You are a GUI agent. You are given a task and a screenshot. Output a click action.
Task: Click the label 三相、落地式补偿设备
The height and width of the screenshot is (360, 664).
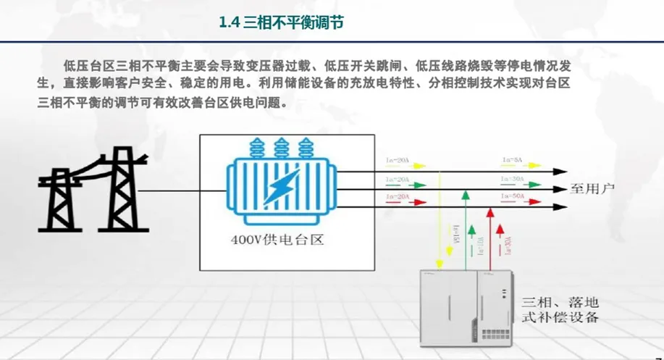(x=561, y=309)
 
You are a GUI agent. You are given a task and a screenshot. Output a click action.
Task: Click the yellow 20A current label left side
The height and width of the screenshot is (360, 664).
(x=398, y=160)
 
